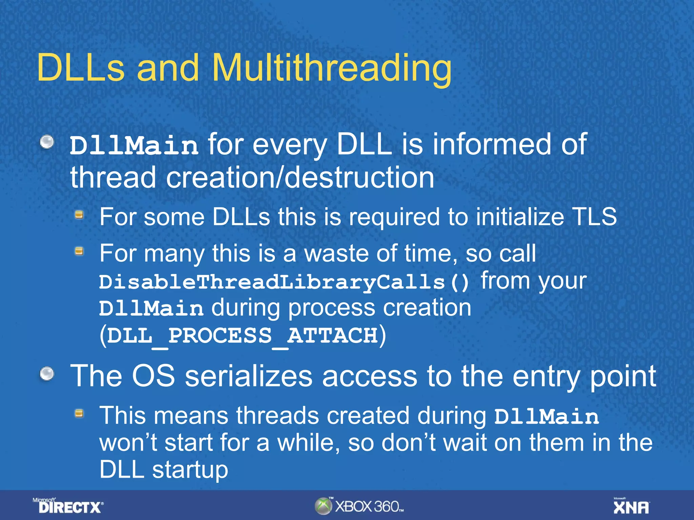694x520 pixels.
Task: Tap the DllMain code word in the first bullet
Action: (x=134, y=146)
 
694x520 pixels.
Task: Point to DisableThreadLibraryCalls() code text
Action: (x=284, y=282)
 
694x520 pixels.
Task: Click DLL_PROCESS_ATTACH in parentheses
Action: (x=242, y=335)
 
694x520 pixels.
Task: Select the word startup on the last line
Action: (x=190, y=470)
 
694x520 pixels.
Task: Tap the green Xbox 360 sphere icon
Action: (x=323, y=506)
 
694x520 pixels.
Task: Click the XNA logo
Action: (x=631, y=506)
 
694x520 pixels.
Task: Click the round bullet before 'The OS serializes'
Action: (x=47, y=374)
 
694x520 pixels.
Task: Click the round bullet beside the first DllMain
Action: (x=47, y=142)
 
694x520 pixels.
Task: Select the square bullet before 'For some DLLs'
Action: (x=79, y=215)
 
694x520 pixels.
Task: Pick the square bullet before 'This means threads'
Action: (x=79, y=413)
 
